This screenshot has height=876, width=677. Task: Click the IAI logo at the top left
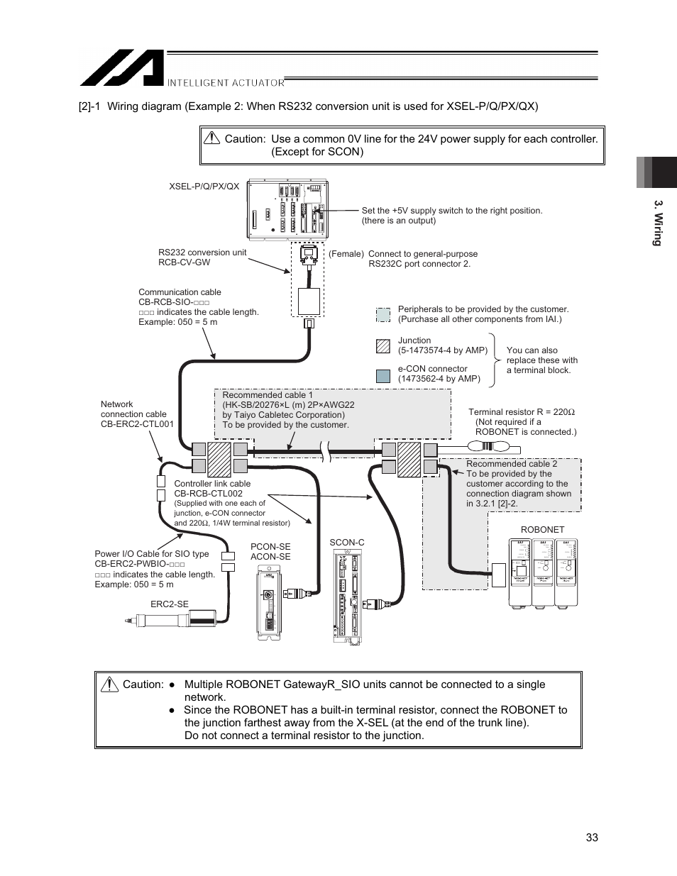[121, 68]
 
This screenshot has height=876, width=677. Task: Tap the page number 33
[592, 837]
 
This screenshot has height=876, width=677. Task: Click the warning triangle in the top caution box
[211, 139]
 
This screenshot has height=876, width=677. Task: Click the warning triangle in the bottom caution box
[109, 684]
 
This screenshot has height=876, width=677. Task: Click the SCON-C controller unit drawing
[347, 597]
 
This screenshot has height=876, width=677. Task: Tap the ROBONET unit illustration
[543, 572]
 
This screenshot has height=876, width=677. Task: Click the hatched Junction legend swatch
[383, 346]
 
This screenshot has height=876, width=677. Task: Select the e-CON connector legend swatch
[383, 376]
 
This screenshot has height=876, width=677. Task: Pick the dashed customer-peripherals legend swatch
[383, 314]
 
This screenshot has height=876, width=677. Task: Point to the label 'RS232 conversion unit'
[202, 253]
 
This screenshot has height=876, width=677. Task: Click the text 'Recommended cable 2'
[511, 464]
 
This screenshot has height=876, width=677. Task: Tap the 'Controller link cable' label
[212, 484]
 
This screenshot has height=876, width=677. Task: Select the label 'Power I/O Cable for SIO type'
[152, 554]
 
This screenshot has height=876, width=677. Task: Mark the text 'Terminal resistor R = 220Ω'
[521, 412]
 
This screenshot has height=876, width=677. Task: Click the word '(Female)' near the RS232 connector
[346, 254]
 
